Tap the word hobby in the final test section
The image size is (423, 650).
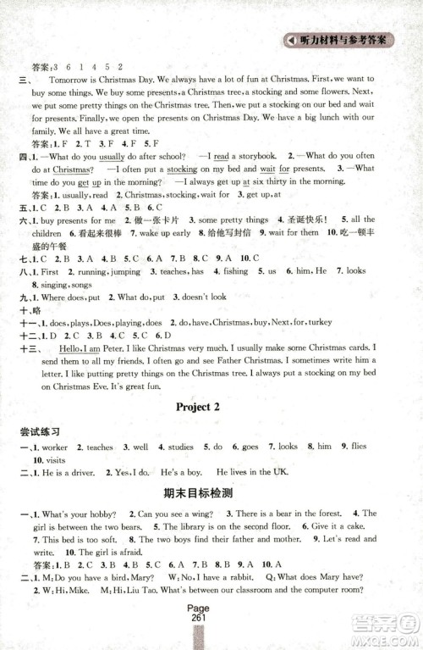pos(103,514)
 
